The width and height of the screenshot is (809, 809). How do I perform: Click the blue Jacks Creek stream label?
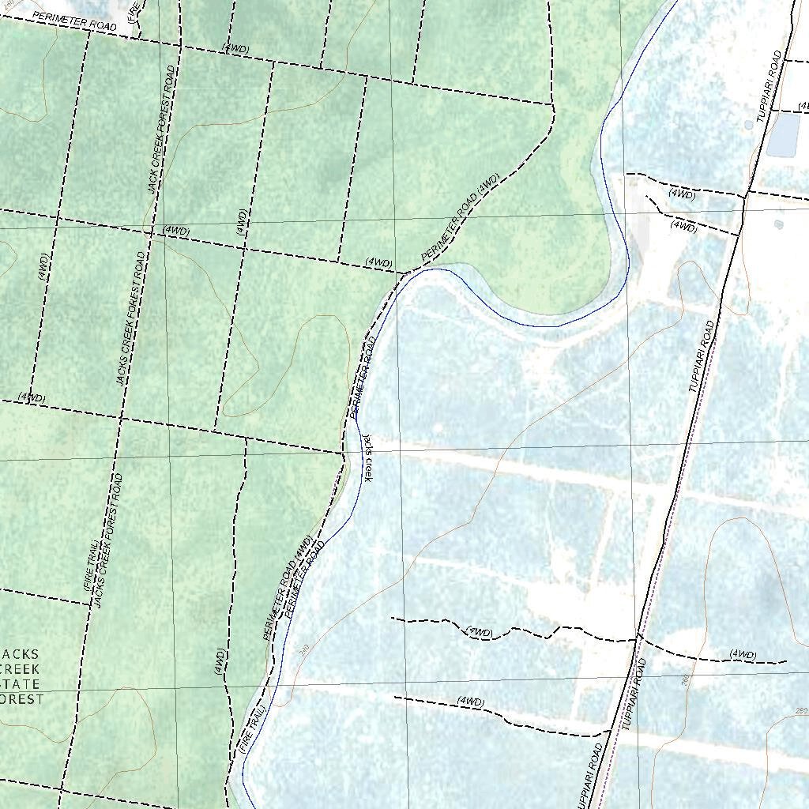pyautogui.click(x=367, y=457)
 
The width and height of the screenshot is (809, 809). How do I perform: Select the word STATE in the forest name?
pyautogui.click(x=22, y=683)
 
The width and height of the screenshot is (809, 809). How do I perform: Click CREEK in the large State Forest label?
pyautogui.click(x=21, y=668)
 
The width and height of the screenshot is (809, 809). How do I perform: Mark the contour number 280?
pyautogui.click(x=801, y=712)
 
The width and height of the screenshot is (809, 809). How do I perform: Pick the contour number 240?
pyautogui.click(x=304, y=649)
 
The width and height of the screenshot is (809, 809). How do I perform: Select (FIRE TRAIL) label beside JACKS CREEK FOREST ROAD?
pyautogui.click(x=89, y=566)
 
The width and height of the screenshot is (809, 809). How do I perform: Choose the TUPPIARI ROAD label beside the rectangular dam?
pyautogui.click(x=769, y=86)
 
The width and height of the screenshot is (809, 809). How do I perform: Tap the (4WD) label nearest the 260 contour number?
pyautogui.click(x=743, y=655)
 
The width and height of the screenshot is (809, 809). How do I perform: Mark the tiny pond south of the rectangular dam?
pyautogui.click(x=778, y=224)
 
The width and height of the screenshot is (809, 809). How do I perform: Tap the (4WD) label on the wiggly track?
pyautogui.click(x=479, y=632)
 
